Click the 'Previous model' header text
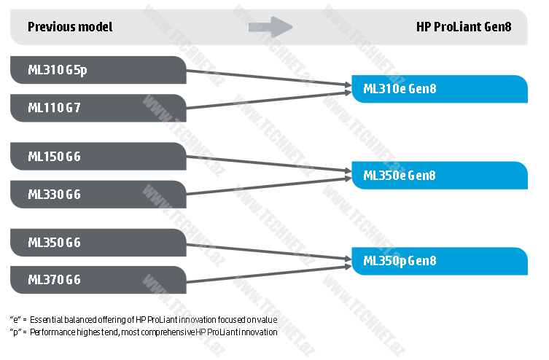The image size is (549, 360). coord(70,28)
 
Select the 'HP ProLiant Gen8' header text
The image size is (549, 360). coord(463,28)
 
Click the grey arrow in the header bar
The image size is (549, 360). coord(270,28)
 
